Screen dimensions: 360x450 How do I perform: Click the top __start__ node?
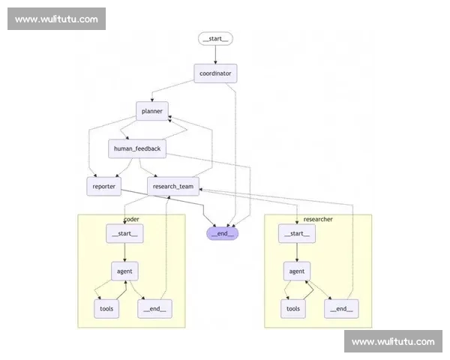click(216, 38)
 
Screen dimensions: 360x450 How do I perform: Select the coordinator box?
click(216, 73)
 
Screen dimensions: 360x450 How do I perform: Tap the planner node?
click(152, 111)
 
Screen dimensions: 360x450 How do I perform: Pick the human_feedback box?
click(136, 148)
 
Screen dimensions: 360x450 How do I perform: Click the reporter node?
click(103, 186)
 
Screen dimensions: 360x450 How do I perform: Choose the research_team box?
click(172, 186)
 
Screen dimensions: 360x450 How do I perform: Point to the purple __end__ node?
click(223, 233)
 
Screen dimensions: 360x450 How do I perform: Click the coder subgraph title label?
click(131, 219)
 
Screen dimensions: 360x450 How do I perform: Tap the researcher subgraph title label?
click(318, 219)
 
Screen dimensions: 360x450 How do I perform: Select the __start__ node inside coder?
click(124, 234)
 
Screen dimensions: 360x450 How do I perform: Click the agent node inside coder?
click(124, 271)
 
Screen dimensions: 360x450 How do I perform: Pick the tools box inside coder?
click(106, 308)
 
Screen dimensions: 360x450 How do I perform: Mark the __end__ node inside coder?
click(153, 308)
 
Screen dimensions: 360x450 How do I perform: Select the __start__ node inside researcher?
click(297, 234)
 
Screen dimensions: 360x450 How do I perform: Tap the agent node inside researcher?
click(297, 271)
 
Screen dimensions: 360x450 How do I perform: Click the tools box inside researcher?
click(293, 308)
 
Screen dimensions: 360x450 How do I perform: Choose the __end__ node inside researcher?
click(340, 308)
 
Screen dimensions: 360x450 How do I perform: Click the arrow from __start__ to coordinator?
click(216, 55)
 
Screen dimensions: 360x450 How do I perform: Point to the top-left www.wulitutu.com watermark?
click(56, 19)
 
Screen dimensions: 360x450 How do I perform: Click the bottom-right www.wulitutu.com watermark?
click(392, 341)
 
